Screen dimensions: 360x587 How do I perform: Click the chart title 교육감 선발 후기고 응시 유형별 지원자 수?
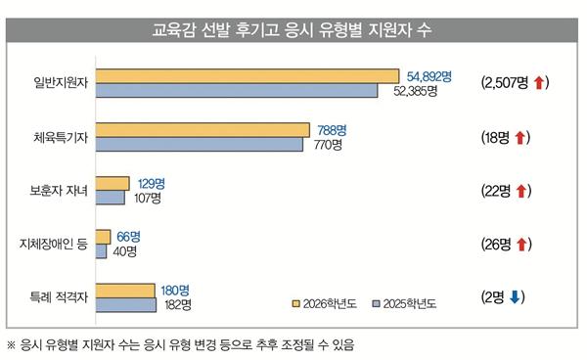point(293,30)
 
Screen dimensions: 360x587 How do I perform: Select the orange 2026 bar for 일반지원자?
point(248,76)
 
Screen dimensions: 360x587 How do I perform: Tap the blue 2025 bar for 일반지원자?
point(237,91)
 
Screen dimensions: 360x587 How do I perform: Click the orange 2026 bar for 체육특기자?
point(202,130)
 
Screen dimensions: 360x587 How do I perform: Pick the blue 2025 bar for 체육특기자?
point(199,145)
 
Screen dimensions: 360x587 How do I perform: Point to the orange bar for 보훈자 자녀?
point(113,183)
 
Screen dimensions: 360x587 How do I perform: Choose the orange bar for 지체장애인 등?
point(103,237)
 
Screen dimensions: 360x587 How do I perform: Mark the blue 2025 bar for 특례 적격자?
point(126,305)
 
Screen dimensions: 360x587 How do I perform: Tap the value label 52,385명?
point(414,92)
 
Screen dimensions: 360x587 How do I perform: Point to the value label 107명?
point(147,199)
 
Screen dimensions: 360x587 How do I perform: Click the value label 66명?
point(128,236)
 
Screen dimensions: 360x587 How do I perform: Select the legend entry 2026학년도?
point(327,303)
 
